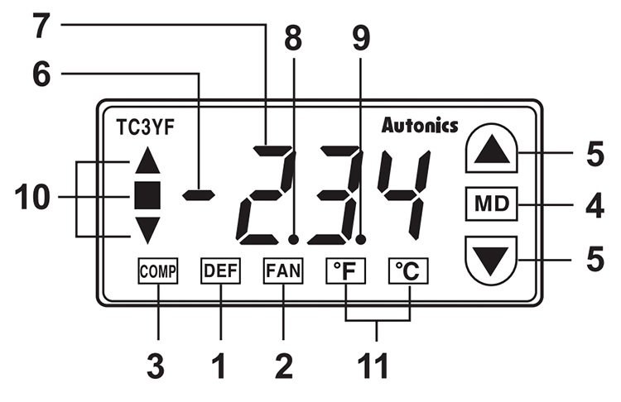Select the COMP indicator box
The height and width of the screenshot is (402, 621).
[158, 270]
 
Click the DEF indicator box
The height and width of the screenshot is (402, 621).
[220, 270]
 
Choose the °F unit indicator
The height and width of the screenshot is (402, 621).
[345, 270]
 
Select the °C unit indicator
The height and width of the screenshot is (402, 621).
[409, 270]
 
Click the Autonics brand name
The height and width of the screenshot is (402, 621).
[420, 126]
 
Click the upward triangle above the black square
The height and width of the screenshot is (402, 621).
[146, 160]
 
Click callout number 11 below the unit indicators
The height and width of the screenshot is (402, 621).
[377, 365]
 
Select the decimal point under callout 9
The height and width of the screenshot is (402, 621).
[362, 239]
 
